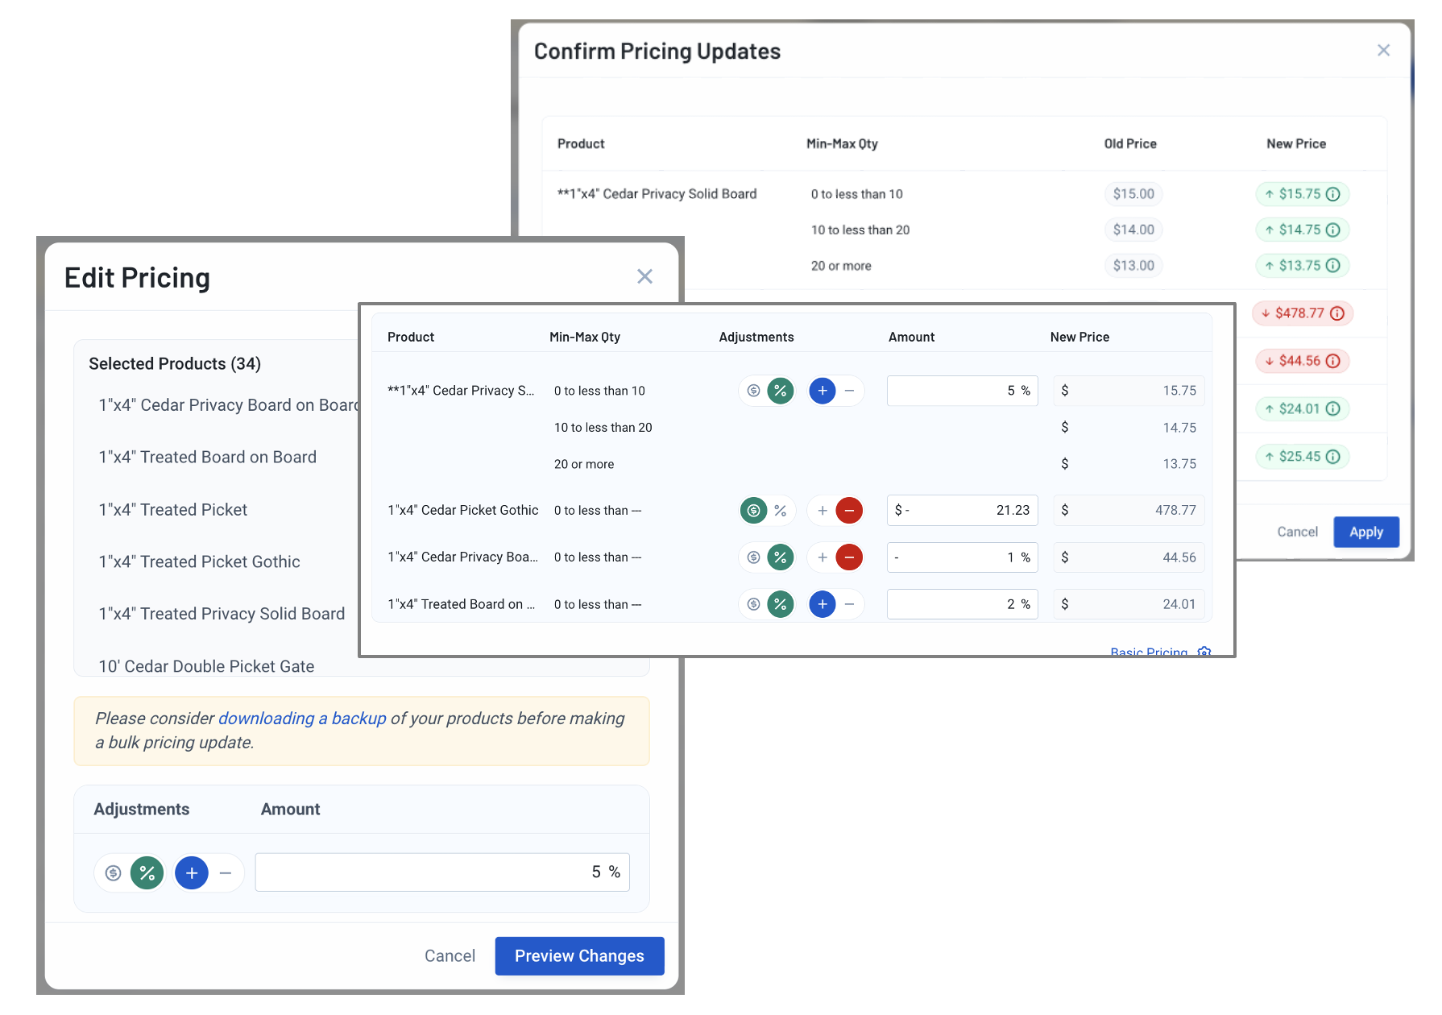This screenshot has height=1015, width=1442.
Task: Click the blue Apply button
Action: click(1365, 532)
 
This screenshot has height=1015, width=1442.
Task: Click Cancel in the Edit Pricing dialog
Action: click(450, 955)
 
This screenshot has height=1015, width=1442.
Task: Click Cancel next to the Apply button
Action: click(1297, 532)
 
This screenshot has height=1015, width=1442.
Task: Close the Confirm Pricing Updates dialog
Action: click(1383, 50)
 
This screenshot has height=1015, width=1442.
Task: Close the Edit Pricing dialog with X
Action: click(644, 276)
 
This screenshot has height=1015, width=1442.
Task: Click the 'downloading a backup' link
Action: click(302, 718)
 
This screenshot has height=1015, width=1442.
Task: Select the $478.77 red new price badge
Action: click(1303, 313)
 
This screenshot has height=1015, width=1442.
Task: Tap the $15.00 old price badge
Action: click(1133, 194)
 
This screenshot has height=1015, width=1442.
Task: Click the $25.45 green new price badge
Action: click(1302, 457)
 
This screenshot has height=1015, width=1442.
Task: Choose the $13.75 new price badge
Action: click(1302, 266)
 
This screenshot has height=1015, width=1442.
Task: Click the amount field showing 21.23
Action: click(962, 510)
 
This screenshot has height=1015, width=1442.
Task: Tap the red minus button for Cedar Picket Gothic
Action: click(849, 510)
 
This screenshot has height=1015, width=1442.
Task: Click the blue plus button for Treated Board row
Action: click(822, 604)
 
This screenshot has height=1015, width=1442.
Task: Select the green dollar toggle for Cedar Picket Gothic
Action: click(753, 510)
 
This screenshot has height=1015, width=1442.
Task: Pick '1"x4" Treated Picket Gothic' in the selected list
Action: click(199, 561)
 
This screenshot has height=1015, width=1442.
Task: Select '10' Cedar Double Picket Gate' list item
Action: click(206, 666)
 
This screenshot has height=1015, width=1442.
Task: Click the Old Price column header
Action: click(1130, 143)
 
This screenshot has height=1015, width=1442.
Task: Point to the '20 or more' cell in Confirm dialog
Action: click(841, 266)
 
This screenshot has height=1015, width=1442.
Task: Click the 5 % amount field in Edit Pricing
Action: click(441, 872)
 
